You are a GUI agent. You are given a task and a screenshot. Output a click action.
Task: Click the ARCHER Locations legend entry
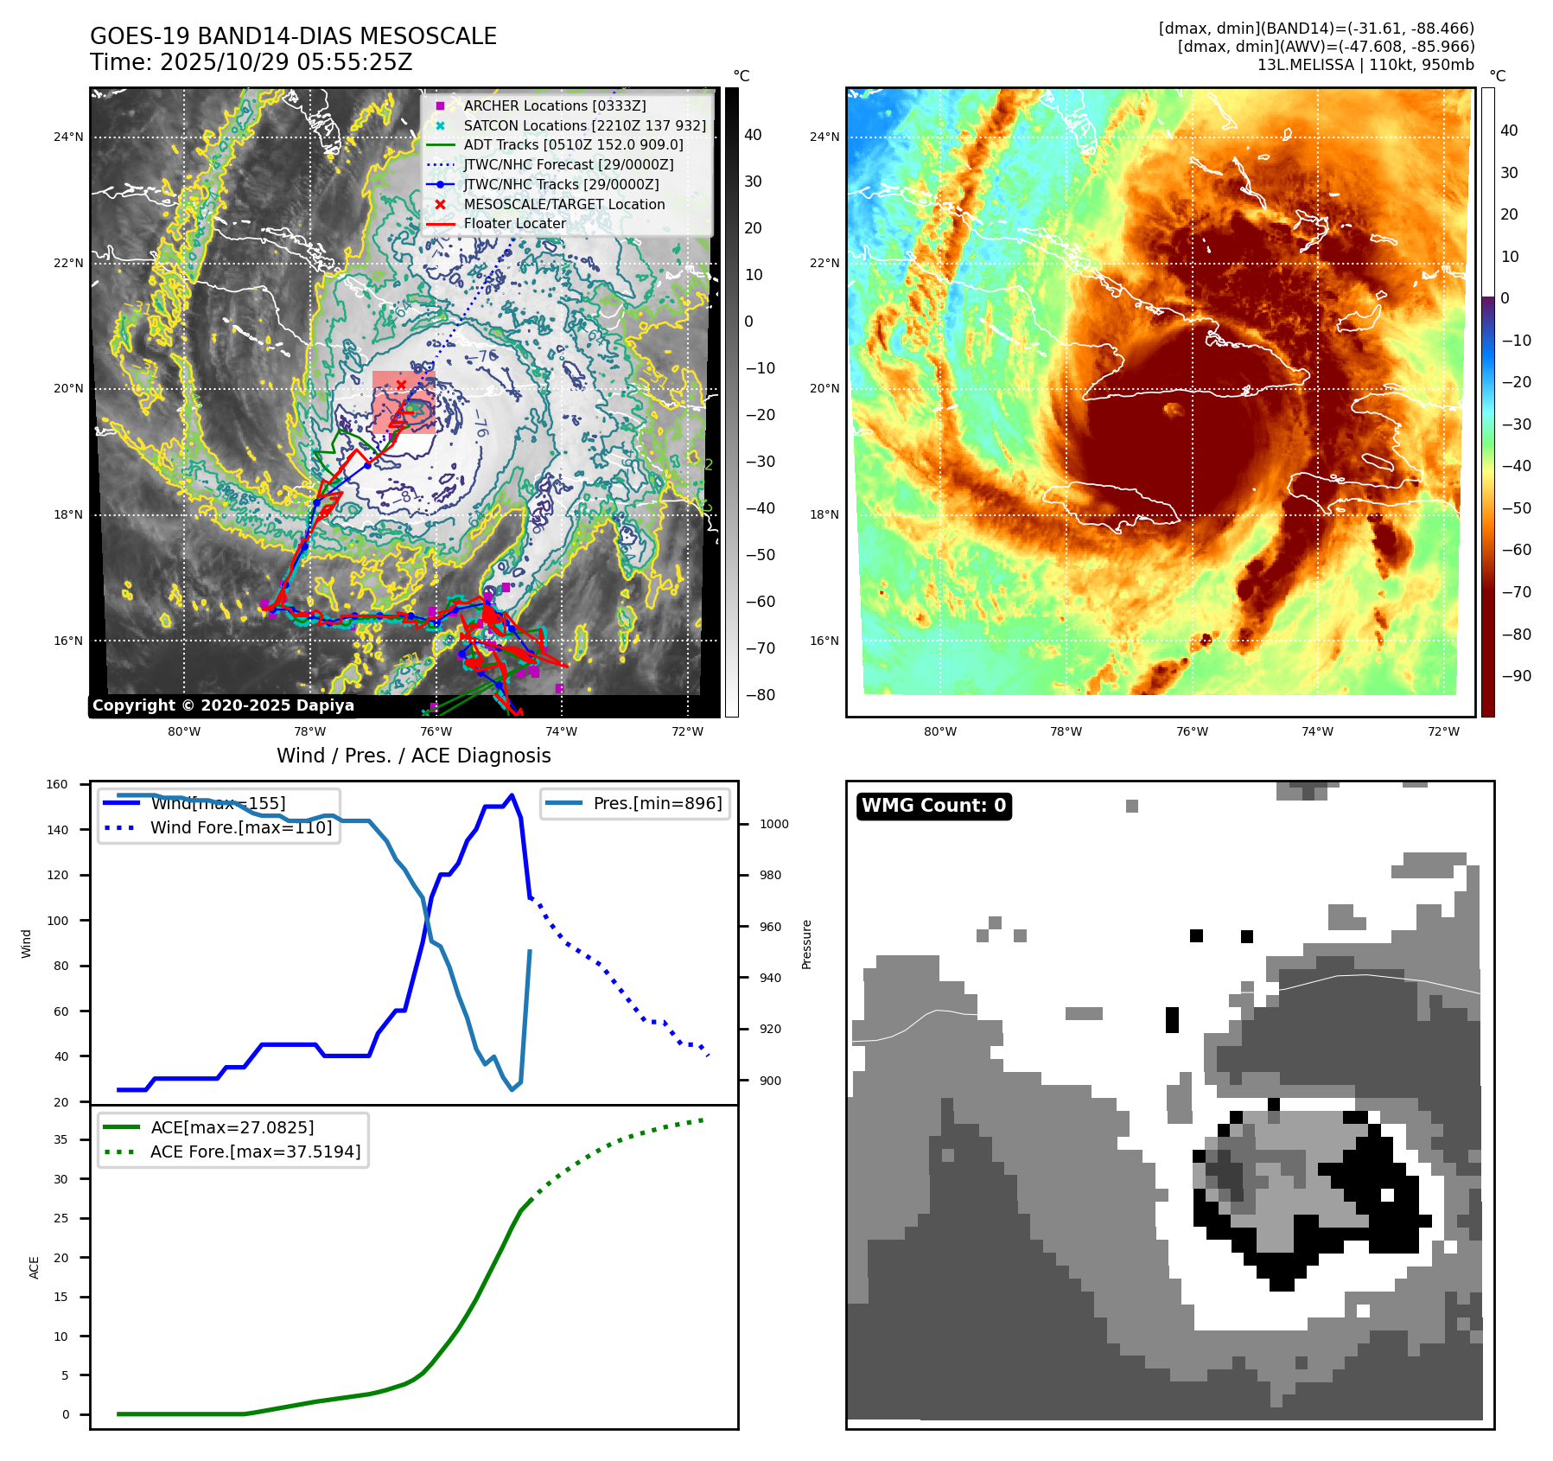(554, 105)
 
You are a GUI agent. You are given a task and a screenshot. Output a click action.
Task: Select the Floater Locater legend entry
(514, 223)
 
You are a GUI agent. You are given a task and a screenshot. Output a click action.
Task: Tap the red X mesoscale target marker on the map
(401, 385)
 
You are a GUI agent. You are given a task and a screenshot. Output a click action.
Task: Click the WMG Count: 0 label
(933, 806)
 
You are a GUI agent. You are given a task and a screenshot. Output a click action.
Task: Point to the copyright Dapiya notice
(223, 705)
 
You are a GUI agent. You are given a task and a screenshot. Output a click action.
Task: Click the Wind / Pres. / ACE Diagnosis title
(413, 756)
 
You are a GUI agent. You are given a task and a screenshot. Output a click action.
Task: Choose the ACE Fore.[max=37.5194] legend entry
(255, 1152)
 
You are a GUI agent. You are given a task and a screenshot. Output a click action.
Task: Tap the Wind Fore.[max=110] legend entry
(240, 827)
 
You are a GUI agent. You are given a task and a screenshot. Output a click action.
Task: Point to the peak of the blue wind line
(512, 795)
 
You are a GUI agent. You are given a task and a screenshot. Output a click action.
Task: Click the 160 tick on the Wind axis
(57, 785)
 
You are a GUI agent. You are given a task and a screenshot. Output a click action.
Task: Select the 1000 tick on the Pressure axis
(773, 824)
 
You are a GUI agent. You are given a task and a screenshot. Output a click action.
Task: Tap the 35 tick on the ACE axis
(60, 1139)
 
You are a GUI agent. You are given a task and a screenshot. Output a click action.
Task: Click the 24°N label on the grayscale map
(68, 137)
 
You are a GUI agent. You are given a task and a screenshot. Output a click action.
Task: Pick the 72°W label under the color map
(1443, 731)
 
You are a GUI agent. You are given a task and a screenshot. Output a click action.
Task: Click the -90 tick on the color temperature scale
(1516, 676)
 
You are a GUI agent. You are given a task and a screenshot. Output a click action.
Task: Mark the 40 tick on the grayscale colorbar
(753, 135)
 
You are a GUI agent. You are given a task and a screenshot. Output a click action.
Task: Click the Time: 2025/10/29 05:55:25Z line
(251, 62)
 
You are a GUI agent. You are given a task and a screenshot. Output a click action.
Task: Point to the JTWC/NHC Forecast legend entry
(568, 164)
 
